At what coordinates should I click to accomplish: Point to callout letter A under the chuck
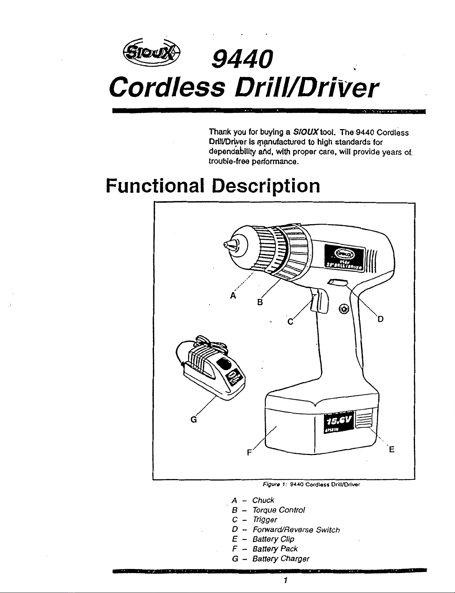click(233, 296)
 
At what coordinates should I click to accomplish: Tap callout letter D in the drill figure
click(380, 319)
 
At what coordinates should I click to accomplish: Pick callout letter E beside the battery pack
click(391, 449)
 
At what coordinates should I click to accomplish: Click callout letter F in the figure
click(250, 452)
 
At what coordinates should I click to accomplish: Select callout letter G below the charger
click(193, 420)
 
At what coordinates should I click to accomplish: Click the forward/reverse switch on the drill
click(337, 283)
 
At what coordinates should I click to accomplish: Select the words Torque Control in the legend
click(278, 510)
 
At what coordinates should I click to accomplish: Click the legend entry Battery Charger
click(281, 559)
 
